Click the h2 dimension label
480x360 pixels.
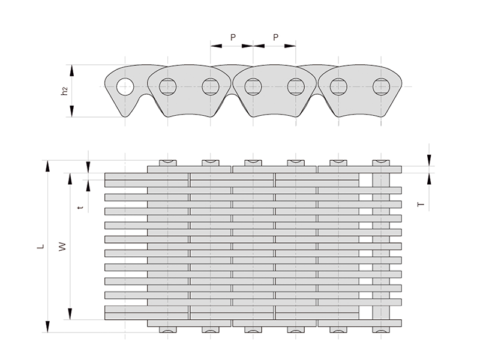tap(64, 91)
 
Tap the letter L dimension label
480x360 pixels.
tap(41, 246)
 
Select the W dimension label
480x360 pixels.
tap(62, 247)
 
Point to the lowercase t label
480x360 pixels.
tap(80, 208)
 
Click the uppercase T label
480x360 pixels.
tap(421, 204)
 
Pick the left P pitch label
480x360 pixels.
tap(233, 37)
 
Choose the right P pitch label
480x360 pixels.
tap(275, 37)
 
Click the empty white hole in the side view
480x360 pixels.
tap(125, 86)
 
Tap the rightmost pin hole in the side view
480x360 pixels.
tap(381, 86)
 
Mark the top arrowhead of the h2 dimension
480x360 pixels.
tap(72, 71)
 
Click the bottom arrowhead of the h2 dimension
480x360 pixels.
tap(72, 111)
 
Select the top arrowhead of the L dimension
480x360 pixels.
tap(47, 166)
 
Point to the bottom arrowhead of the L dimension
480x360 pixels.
tap(47, 326)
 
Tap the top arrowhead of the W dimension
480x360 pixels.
tap(70, 179)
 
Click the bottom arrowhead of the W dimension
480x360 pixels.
tap(70, 314)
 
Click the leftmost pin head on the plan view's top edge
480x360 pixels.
tap(168, 163)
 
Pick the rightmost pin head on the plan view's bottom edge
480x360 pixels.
tap(381, 329)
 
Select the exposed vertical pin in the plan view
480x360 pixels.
tap(381, 246)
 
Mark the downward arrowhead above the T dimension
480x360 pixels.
tap(429, 160)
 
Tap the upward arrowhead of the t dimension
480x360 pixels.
tap(88, 186)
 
